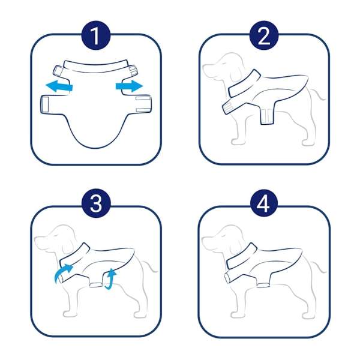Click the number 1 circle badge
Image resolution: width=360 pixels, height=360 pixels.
point(96,35)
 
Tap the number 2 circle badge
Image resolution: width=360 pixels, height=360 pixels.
point(264,35)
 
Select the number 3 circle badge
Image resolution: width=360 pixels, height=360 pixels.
point(96,203)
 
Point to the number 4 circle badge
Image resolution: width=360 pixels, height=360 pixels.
point(264,203)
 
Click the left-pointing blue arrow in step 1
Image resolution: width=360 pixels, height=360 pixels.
point(59,86)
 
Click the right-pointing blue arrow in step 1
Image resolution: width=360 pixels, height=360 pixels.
point(129,86)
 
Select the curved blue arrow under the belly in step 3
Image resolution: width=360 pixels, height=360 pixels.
point(110,279)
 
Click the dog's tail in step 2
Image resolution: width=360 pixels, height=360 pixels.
point(318,93)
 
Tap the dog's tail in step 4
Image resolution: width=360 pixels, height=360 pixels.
point(318,265)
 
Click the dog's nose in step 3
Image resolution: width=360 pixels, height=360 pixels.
point(36,239)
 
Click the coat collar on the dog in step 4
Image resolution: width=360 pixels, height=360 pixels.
point(241,257)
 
